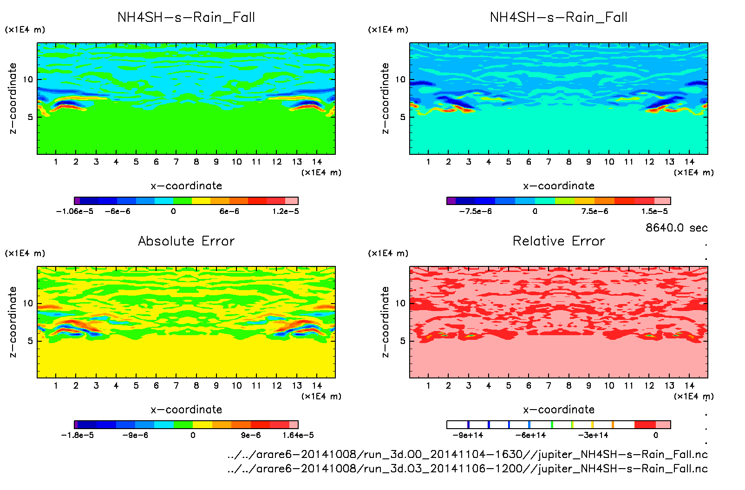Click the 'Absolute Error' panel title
[186, 241]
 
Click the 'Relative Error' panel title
[559, 241]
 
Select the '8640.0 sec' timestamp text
[676, 228]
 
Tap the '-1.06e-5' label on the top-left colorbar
[74, 212]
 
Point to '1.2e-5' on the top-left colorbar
[285, 212]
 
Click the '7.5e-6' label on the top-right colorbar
[595, 212]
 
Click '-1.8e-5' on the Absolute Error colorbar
[77, 436]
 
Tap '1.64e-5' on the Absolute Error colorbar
[298, 436]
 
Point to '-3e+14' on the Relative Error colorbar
[593, 436]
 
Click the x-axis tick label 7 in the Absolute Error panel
[176, 385]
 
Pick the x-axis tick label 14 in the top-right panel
[689, 162]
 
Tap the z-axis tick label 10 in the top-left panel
[28, 79]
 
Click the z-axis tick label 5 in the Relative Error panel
[403, 341]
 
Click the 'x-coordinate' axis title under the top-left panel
[186, 186]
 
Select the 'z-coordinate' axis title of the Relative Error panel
[385, 322]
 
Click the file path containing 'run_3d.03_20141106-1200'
[467, 469]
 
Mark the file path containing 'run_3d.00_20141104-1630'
[467, 454]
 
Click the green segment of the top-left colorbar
[183, 201]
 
